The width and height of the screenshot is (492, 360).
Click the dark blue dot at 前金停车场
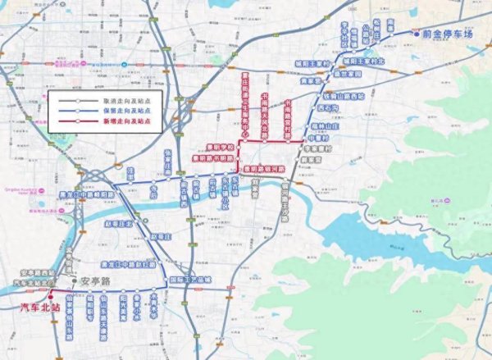[417, 35]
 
